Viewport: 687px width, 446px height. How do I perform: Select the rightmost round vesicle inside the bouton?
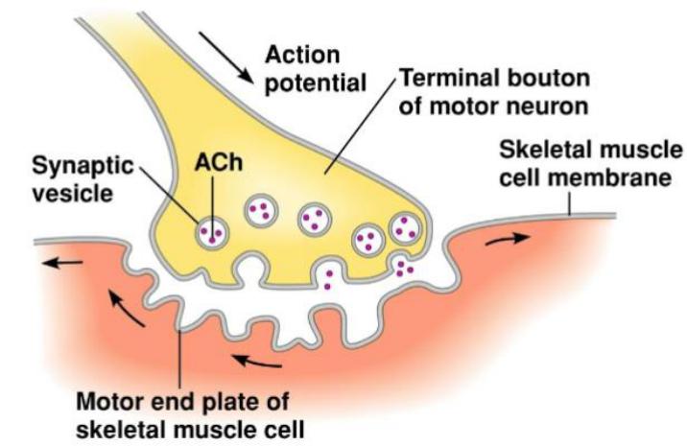[x=406, y=229]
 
